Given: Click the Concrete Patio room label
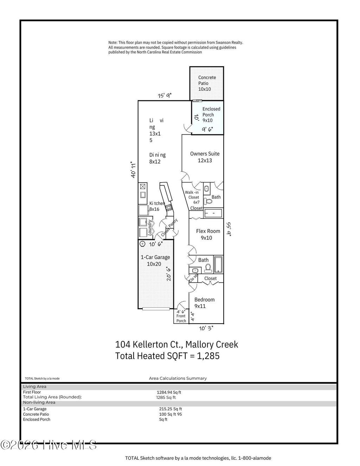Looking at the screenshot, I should coord(207,83).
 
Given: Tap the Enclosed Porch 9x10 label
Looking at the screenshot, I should coord(211,115).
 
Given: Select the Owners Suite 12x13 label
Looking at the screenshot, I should coord(205,157).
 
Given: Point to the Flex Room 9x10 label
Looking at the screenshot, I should coord(208,234).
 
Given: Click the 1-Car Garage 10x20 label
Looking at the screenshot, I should coord(155,260).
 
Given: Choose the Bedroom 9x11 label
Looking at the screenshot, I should coord(204,303).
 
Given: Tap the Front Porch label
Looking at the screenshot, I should coord(181,318).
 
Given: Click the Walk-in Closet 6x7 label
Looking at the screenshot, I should coord(193,197).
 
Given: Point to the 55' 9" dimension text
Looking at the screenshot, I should coord(228,229).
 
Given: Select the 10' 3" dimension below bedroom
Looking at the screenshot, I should coord(206,328).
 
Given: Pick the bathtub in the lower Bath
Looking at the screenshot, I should coord(218,264).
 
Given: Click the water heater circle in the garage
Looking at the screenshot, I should coord(142,244).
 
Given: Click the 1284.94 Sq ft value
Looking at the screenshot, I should coord(169,392).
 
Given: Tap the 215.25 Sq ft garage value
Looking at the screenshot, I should coord(170,409).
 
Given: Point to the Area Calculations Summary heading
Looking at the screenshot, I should coord(178,378).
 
